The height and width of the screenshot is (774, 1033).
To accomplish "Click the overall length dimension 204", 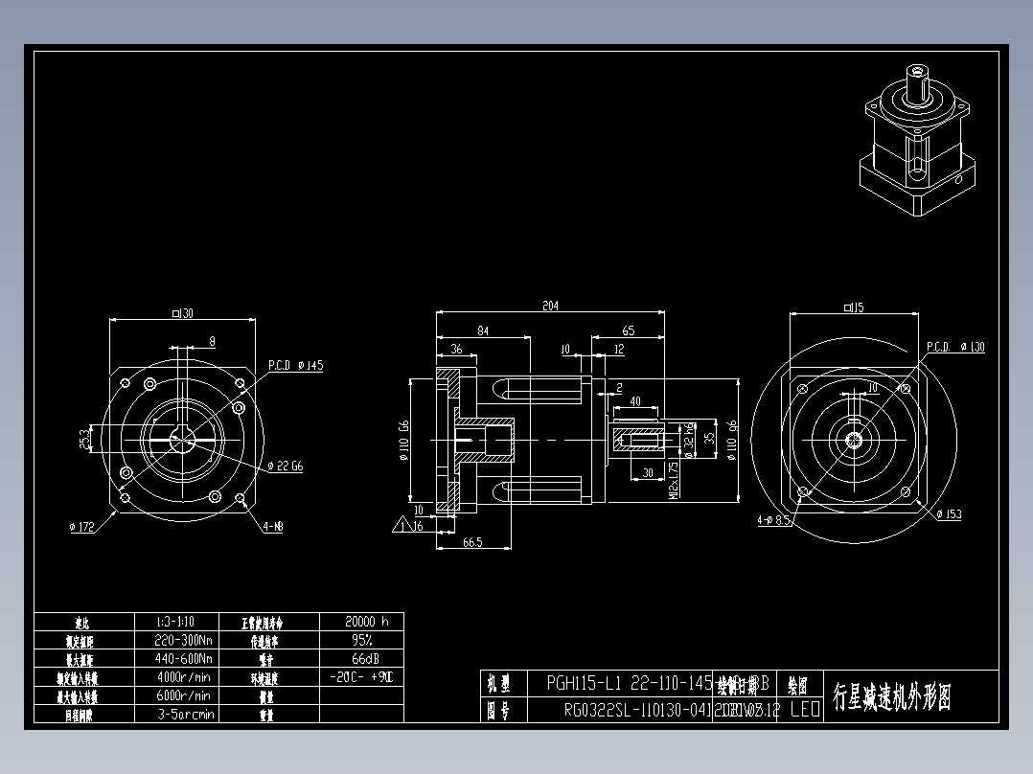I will pyautogui.click(x=550, y=307).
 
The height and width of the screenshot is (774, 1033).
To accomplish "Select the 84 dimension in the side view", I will pyautogui.click(x=483, y=330).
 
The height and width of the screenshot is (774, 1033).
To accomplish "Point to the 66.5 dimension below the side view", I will pyautogui.click(x=471, y=542).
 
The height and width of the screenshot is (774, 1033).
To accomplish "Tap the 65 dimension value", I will pyautogui.click(x=628, y=330).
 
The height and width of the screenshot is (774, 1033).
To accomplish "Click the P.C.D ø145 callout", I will pyautogui.click(x=295, y=366).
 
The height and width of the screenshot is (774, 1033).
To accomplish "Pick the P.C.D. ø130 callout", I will pyautogui.click(x=954, y=347).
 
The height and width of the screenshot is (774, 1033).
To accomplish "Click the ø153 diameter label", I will pyautogui.click(x=949, y=514).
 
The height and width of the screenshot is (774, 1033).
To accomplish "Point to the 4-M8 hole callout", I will pyautogui.click(x=273, y=526).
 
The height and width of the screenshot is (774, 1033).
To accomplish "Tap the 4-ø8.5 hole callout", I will pyautogui.click(x=772, y=521).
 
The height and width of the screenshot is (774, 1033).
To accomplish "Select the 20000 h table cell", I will pyautogui.click(x=361, y=621).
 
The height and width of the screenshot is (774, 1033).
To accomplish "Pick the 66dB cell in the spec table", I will pyautogui.click(x=361, y=659).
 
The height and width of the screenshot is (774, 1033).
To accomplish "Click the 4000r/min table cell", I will pyautogui.click(x=183, y=677).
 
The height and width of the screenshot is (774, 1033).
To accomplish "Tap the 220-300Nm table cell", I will pyautogui.click(x=183, y=640).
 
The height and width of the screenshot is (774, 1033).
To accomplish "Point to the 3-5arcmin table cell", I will pyautogui.click(x=185, y=714).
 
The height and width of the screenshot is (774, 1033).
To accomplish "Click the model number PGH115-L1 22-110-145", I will pyautogui.click(x=629, y=684).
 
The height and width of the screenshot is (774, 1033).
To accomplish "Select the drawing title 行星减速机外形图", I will pyautogui.click(x=891, y=696).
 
